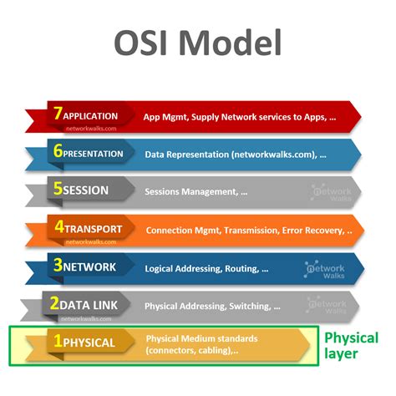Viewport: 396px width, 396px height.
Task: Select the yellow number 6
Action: [57, 153]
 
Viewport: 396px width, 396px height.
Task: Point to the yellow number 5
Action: [57, 190]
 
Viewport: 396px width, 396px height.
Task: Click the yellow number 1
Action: [57, 342]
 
